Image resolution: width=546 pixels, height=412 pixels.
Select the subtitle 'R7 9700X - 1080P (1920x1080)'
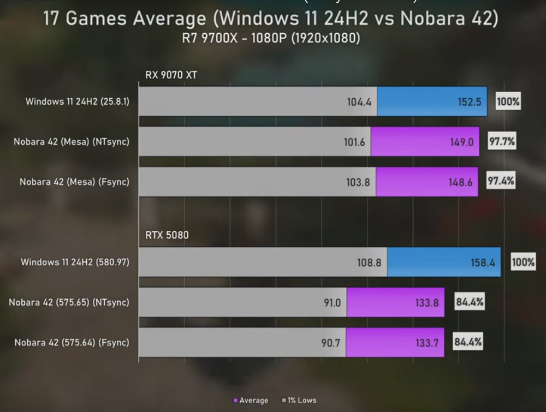(271, 39)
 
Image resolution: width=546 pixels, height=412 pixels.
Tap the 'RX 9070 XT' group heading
(171, 75)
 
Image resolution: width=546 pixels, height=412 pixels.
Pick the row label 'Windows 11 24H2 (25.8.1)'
(77, 101)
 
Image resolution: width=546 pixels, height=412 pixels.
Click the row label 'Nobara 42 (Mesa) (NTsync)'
(72, 142)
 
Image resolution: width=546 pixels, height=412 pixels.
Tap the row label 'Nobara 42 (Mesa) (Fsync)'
(74, 182)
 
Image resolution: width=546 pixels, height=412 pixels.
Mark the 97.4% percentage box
(501, 181)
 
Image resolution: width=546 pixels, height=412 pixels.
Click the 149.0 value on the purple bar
(461, 142)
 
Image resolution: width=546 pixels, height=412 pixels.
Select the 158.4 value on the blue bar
(482, 262)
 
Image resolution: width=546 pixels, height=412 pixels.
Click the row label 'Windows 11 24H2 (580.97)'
(75, 262)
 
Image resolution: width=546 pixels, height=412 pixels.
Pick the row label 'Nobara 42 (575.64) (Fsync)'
(72, 342)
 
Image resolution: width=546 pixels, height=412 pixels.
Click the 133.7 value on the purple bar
(426, 343)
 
